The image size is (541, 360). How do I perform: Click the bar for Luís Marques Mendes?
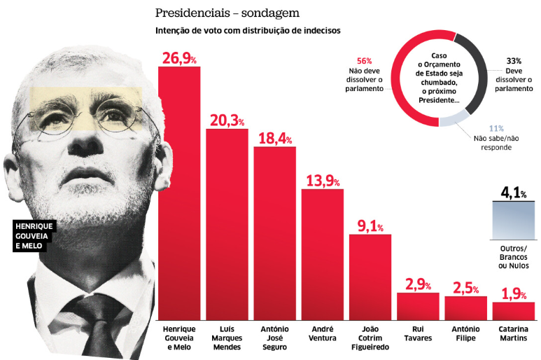(x=227, y=224)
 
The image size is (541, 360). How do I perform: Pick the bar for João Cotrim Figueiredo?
(x=370, y=277)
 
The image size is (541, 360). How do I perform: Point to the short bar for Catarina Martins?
(x=513, y=312)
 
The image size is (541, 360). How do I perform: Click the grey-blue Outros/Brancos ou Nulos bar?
(x=513, y=221)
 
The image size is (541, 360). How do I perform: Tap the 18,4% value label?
(x=275, y=137)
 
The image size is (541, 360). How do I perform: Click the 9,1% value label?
(x=370, y=226)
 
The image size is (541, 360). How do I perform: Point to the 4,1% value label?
(x=513, y=192)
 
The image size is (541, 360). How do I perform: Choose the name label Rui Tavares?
(x=418, y=333)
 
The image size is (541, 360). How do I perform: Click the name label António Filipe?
(x=465, y=333)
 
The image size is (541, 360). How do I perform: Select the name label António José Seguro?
(x=275, y=338)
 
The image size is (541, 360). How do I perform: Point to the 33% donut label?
(x=512, y=62)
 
